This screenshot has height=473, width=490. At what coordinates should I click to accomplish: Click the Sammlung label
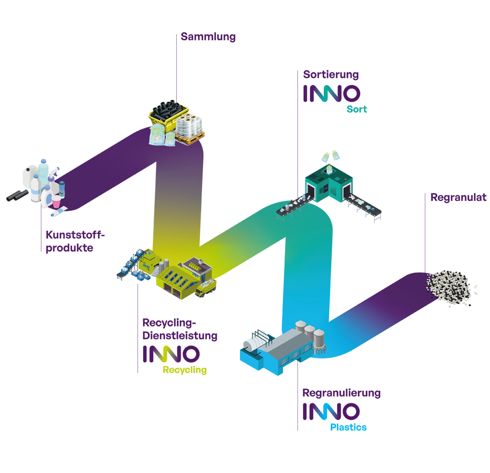point(208,37)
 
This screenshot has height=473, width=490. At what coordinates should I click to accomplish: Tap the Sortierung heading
point(331,75)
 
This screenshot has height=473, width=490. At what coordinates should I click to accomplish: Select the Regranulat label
point(458,198)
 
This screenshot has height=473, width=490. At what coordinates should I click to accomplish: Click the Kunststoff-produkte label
point(74,241)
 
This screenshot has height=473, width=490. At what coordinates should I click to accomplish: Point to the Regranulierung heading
point(341,393)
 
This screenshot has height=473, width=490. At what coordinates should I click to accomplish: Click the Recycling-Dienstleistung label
point(180,329)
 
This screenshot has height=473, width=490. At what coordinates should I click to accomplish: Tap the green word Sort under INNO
point(357,109)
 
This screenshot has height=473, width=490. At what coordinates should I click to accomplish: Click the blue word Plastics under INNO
point(348,427)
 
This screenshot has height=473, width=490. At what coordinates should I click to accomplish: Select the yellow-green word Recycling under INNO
point(184,370)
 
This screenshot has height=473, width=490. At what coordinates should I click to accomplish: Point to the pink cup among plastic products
point(57,201)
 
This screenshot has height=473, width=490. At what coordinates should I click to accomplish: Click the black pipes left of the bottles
point(17,195)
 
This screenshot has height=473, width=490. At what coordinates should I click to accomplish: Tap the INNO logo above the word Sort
point(332,94)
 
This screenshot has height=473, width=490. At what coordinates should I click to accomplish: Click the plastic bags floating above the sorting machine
point(330,156)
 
